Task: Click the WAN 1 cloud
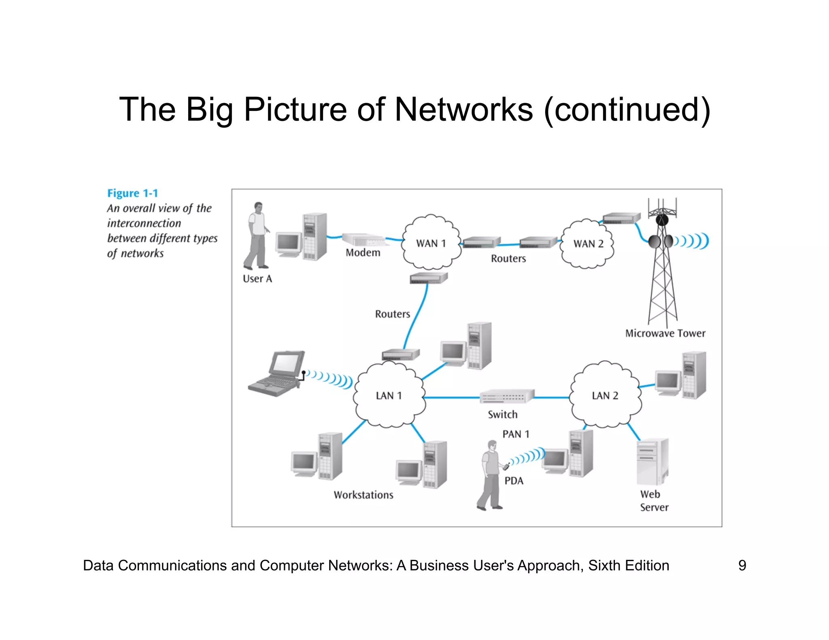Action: click(431, 243)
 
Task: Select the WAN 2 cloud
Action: click(588, 244)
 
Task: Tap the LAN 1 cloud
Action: click(389, 395)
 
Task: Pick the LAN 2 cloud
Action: click(605, 395)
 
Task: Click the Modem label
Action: click(363, 253)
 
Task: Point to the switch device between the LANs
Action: click(507, 396)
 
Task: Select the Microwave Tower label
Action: click(665, 333)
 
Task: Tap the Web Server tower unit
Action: click(652, 461)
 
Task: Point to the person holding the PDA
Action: click(490, 475)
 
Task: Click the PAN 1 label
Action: click(516, 434)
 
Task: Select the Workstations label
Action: click(363, 495)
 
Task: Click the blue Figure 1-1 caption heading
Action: click(132, 193)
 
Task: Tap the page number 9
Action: click(742, 565)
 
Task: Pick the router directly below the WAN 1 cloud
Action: click(428, 278)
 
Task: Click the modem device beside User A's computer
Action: click(363, 239)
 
